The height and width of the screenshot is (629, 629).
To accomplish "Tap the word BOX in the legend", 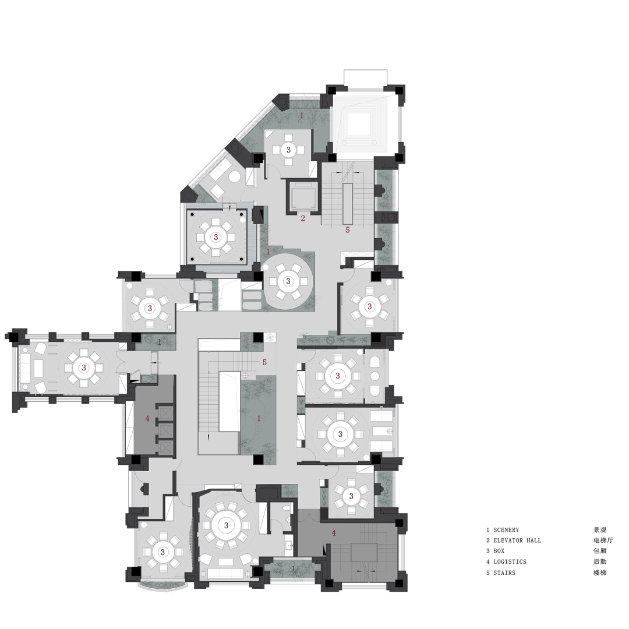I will (499, 551).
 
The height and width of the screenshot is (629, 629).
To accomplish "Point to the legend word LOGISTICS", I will (510, 561).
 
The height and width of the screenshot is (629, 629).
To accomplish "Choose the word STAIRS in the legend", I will (504, 573).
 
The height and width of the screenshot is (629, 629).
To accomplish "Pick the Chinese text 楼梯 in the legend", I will (600, 573).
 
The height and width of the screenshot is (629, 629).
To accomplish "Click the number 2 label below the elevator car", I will (303, 218).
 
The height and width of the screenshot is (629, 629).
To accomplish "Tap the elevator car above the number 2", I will (302, 197).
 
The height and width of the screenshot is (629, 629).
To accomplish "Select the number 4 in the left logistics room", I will (147, 418).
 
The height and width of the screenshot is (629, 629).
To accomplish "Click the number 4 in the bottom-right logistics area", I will (334, 532).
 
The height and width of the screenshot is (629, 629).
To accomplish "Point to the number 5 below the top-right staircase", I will (348, 230).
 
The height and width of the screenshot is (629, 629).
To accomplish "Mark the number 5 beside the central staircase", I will (264, 362).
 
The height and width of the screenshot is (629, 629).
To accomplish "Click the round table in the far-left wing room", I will (84, 367).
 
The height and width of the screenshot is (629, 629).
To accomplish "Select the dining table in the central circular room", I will (288, 281).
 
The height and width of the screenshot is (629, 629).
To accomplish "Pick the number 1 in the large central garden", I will (259, 418).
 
